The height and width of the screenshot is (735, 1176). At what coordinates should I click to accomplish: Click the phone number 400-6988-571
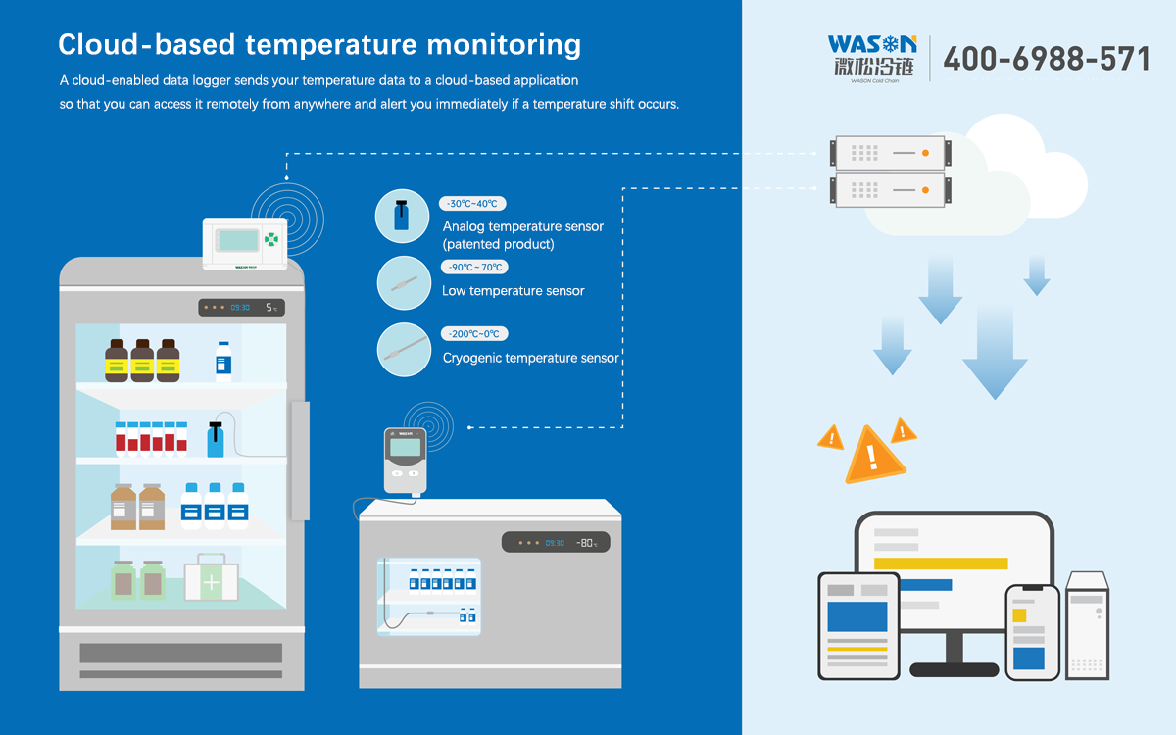(x=1046, y=59)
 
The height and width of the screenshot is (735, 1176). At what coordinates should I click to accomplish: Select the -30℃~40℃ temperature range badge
(x=472, y=204)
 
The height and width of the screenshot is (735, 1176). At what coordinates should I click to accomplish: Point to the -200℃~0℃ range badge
(x=473, y=334)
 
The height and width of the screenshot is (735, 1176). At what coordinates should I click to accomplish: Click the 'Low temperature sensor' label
(x=514, y=291)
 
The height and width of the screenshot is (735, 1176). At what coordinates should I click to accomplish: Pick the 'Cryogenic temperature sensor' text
(x=530, y=358)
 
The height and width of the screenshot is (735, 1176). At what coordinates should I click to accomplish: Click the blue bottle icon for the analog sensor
(x=403, y=217)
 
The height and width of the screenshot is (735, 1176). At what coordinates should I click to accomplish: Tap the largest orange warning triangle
(x=868, y=456)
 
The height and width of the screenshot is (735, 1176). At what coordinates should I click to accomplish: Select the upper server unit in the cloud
(x=889, y=153)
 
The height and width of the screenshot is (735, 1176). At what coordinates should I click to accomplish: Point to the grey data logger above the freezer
(x=405, y=459)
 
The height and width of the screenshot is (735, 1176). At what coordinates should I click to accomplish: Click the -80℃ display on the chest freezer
(x=586, y=542)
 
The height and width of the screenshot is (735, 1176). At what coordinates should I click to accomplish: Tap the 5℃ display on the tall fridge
(x=271, y=308)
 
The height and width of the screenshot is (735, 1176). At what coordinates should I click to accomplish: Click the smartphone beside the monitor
(x=1032, y=632)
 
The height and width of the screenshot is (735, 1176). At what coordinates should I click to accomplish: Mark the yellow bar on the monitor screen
(x=941, y=563)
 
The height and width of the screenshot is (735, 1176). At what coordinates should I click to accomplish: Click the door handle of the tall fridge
(x=299, y=461)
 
